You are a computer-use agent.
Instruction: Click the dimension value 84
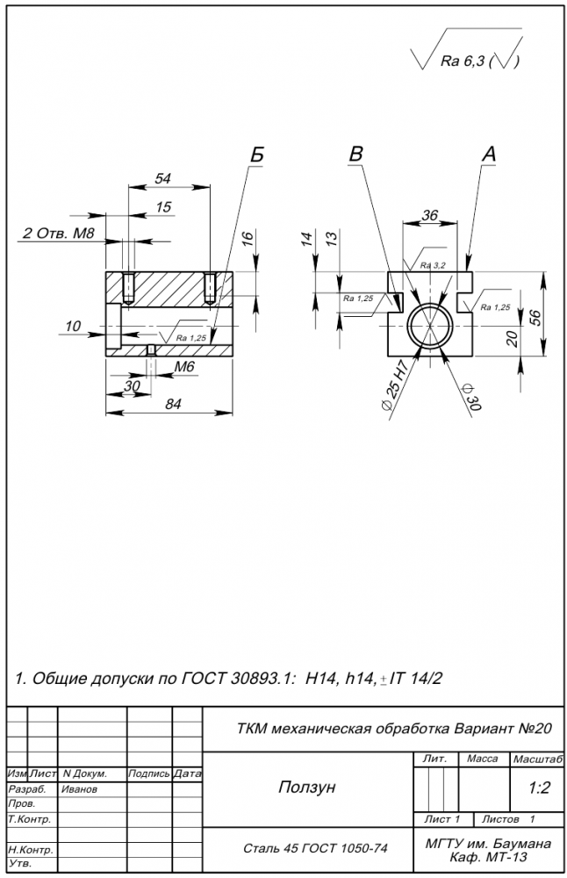coord(172,404)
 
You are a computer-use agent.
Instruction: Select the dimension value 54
coord(162,177)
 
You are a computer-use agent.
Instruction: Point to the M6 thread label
coord(183,366)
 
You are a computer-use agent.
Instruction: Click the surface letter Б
coord(256,155)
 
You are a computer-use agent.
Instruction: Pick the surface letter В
coord(355,154)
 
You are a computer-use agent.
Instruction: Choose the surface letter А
coord(489,154)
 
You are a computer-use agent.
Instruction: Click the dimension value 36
coord(430,215)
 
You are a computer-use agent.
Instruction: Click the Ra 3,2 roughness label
coord(433,265)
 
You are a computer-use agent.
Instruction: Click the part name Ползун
coord(306,788)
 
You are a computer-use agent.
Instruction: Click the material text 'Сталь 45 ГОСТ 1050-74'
coord(314,849)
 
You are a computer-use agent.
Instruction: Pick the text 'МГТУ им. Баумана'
coord(488,844)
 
